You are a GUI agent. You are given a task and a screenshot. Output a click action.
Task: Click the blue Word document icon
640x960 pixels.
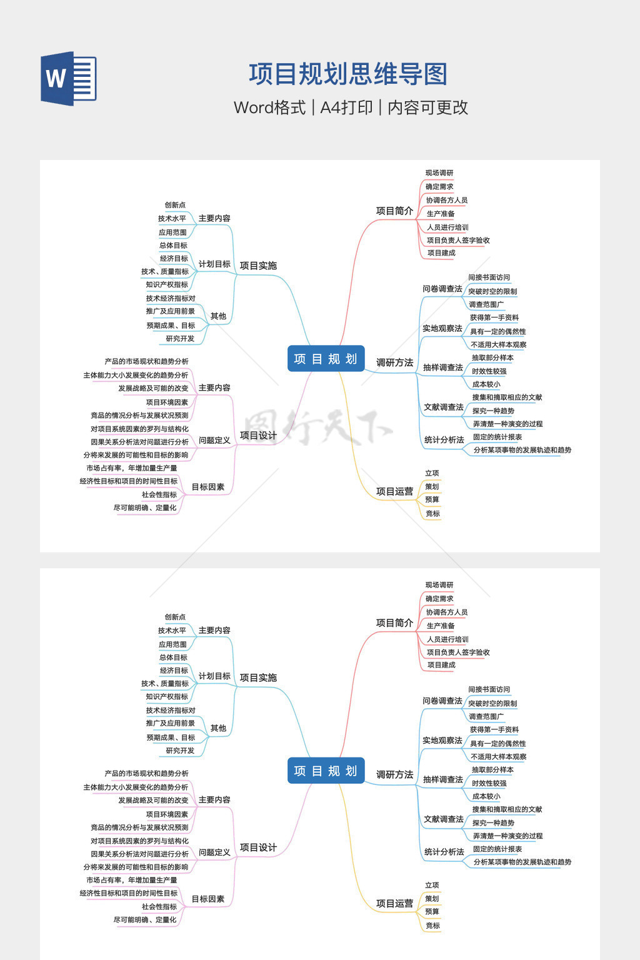pos(68,78)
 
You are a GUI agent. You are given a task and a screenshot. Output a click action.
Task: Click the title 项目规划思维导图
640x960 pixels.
pos(348,74)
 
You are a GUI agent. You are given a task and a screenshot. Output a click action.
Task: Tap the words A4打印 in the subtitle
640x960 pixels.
pos(346,107)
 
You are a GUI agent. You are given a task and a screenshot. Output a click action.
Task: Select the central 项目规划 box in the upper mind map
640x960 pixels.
pos(326,359)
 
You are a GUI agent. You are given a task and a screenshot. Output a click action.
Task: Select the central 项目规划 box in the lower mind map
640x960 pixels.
pos(326,771)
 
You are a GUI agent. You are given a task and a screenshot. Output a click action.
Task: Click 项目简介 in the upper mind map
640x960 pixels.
pos(394,211)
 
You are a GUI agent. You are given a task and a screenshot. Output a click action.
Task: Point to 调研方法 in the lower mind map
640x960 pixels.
pos(394,774)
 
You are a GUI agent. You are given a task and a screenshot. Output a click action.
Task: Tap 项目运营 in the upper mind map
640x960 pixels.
pos(394,491)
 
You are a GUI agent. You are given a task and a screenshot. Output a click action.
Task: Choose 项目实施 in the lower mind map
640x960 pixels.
pos(258,677)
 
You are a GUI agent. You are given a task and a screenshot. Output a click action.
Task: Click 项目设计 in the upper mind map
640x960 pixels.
pos(258,436)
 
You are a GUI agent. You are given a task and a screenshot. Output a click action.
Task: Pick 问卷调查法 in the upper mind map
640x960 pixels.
pos(442,289)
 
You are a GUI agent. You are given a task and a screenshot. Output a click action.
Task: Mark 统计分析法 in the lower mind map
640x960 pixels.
pos(444,852)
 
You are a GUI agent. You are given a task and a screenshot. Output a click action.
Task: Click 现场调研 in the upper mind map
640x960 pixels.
pos(439,173)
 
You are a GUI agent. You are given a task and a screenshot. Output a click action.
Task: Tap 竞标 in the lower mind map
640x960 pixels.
pos(432,926)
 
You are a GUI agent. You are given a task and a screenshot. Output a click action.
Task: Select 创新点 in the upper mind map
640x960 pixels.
pos(175,205)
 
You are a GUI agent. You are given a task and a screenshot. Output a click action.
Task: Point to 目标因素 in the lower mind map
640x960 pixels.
pos(207,899)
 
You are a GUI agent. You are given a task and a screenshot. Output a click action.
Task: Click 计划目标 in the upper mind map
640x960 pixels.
pos(214,264)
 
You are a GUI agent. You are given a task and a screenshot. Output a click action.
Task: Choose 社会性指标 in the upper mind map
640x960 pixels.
pos(159,494)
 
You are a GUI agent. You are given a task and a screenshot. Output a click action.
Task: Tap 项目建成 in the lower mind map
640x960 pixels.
pos(441,665)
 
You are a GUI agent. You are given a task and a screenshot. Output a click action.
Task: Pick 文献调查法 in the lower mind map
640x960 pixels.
pos(444,819)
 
